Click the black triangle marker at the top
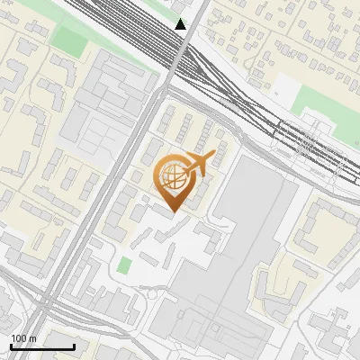(x=181, y=24)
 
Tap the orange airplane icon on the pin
(x=200, y=164)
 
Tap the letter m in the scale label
(x=33, y=338)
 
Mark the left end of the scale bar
(x=11, y=346)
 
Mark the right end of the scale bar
(x=74, y=346)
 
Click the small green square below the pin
(x=124, y=265)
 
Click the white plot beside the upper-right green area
(x=286, y=88)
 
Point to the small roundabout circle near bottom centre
(x=158, y=292)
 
